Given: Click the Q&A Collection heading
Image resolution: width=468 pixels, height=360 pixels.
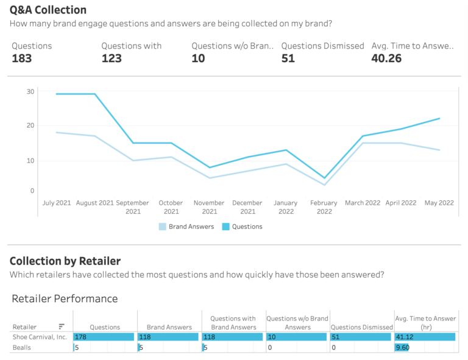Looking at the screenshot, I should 48,10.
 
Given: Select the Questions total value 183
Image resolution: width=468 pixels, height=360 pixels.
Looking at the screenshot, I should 23,58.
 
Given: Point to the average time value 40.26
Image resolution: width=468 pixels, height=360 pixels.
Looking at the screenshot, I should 388,58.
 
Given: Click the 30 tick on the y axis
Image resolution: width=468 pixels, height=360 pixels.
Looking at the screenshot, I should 30,91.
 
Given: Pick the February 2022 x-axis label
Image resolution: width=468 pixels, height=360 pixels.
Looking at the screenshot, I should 324,207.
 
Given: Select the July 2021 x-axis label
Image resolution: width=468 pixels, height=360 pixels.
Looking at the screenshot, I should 56,203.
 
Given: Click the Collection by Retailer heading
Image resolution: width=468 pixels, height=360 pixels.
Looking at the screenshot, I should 65,261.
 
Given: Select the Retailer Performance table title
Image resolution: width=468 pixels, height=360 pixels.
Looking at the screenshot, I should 64,298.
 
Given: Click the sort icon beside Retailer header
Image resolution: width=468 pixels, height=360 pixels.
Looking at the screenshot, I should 62,326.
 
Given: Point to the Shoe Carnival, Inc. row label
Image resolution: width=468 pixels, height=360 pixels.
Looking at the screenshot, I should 40,337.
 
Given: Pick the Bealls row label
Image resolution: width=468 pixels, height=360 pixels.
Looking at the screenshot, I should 23,347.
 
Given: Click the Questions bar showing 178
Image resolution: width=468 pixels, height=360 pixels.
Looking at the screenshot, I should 104,337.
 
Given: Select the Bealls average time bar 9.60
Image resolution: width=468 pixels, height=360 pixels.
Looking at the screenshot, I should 402,347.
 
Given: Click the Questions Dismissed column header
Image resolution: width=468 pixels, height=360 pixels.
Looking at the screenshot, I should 362,327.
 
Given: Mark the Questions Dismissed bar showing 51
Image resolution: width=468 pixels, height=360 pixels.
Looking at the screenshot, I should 360,337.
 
